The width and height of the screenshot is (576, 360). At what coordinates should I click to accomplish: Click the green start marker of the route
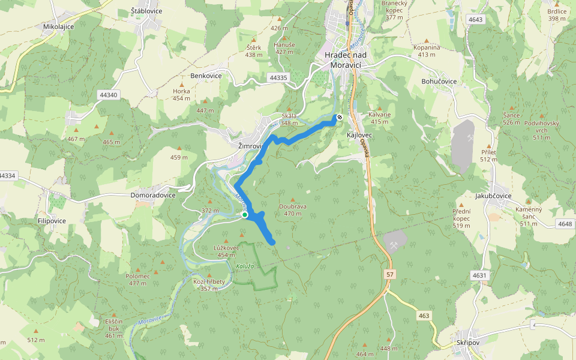click(x=245, y=215)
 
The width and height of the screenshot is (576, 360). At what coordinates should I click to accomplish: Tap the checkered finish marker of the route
click(x=340, y=118)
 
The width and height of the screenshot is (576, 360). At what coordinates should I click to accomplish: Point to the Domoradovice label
click(x=153, y=195)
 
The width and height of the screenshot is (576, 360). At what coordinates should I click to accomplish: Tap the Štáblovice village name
click(x=147, y=11)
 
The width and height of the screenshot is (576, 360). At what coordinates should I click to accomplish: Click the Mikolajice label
click(x=58, y=27)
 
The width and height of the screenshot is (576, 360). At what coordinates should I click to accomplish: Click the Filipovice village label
click(x=52, y=221)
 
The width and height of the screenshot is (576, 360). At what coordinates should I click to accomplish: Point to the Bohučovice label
click(x=439, y=81)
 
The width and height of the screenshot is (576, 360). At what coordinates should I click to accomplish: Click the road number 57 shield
click(x=391, y=274)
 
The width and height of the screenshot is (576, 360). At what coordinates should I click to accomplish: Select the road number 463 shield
click(x=424, y=315)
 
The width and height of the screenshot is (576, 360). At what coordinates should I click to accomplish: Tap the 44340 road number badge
click(x=109, y=95)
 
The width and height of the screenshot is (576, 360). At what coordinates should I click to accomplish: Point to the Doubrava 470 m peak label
click(x=293, y=209)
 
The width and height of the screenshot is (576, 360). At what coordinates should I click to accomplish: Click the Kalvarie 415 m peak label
click(x=379, y=118)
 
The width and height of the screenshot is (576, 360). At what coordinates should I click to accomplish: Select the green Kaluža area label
click(x=245, y=266)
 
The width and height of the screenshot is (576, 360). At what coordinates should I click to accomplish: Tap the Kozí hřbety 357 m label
click(x=209, y=284)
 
